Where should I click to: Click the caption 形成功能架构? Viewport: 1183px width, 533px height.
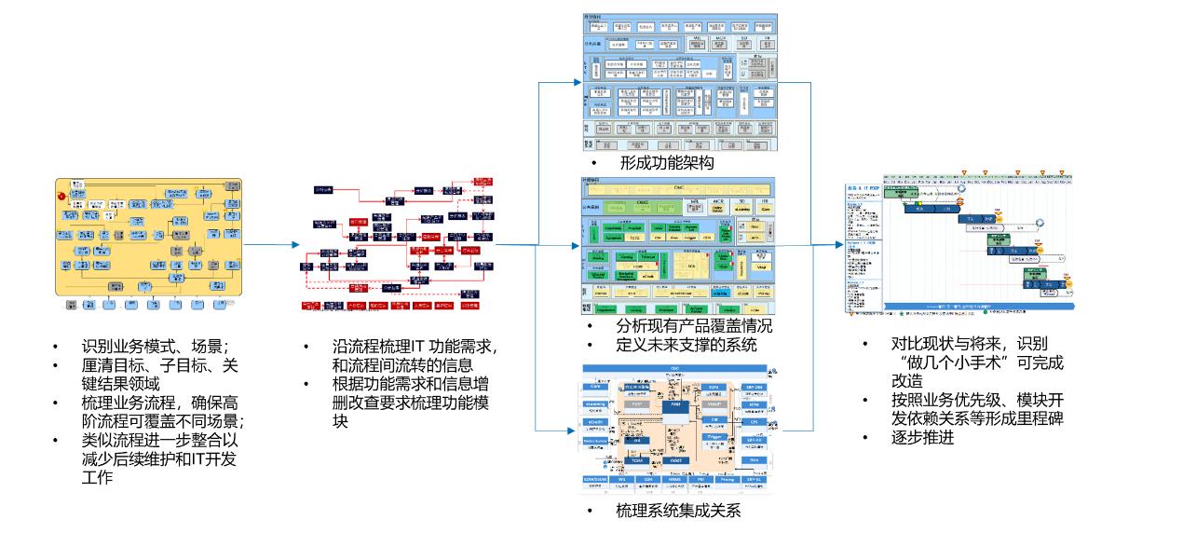tap(665, 164)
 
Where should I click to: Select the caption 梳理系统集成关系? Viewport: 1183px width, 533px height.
tap(678, 511)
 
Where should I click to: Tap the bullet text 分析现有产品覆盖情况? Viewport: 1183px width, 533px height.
tap(694, 325)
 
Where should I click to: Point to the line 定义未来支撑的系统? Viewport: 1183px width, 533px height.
tap(687, 344)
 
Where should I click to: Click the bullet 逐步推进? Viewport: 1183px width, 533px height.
tap(922, 437)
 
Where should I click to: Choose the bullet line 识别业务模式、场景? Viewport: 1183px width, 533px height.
tap(154, 347)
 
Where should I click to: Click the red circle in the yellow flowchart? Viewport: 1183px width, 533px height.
tap(62, 198)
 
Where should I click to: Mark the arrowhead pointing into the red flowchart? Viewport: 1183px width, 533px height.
tap(295, 245)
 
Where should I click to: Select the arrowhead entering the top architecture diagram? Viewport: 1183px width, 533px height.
tap(575, 81)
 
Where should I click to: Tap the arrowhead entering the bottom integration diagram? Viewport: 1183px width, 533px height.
tap(575, 430)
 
